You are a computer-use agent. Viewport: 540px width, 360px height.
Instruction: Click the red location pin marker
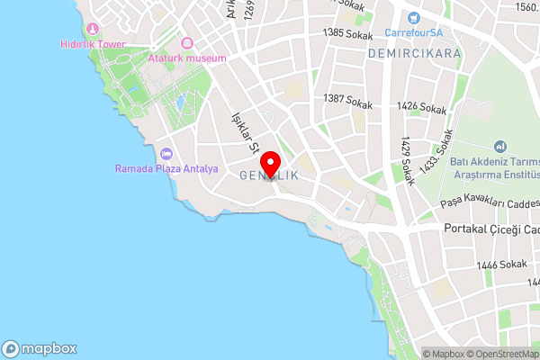275,169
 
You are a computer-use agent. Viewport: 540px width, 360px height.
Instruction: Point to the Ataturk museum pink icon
187,43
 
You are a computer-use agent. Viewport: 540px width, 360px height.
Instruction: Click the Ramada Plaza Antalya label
166,168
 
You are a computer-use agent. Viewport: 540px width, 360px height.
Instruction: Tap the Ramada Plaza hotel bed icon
166,154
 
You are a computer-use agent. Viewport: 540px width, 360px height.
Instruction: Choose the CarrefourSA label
414,32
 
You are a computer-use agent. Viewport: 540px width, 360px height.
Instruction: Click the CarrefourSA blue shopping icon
414,17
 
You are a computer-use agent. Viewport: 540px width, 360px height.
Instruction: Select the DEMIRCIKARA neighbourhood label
415,54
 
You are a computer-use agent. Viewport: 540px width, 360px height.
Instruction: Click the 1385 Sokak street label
346,33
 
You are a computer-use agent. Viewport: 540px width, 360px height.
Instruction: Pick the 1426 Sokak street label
421,109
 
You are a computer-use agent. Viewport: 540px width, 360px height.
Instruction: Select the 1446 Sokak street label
502,264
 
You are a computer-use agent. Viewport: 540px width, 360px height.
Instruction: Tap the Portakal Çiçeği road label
491,229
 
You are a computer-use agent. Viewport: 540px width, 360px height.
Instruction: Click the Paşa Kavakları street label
490,203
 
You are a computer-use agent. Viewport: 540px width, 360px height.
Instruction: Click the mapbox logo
40,348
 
